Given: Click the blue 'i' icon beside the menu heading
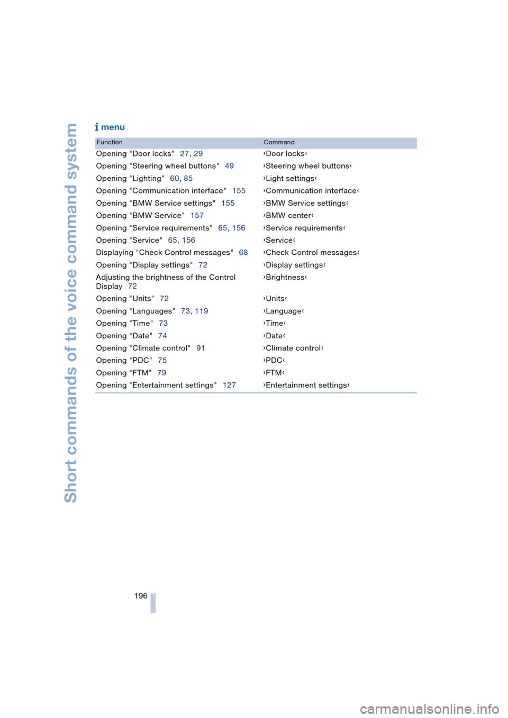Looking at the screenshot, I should (x=97, y=127).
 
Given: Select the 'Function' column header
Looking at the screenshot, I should (x=110, y=142).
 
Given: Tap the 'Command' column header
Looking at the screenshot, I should (x=279, y=142).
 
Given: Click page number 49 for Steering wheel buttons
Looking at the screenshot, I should (x=229, y=166).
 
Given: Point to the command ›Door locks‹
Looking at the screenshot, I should (x=285, y=154).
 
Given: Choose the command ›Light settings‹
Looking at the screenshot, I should (x=290, y=179).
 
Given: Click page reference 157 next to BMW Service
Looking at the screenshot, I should (x=197, y=216).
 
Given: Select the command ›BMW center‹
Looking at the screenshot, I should (x=288, y=216).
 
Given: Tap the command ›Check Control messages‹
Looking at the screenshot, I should (x=311, y=253).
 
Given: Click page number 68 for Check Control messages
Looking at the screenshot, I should (x=243, y=253).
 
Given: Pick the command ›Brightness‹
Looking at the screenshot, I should (x=285, y=278).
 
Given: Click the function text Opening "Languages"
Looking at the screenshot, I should (x=135, y=311).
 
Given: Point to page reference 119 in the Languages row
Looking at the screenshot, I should (x=202, y=311).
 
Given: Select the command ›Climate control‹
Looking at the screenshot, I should (x=293, y=348).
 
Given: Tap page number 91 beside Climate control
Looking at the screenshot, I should (x=201, y=348).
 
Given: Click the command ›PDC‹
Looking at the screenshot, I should (x=274, y=361).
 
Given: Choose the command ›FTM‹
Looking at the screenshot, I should (x=274, y=373).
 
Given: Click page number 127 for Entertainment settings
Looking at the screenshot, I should (x=229, y=385).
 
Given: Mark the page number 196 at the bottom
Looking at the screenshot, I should (x=141, y=596).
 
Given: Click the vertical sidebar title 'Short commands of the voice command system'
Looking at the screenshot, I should (x=71, y=312).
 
